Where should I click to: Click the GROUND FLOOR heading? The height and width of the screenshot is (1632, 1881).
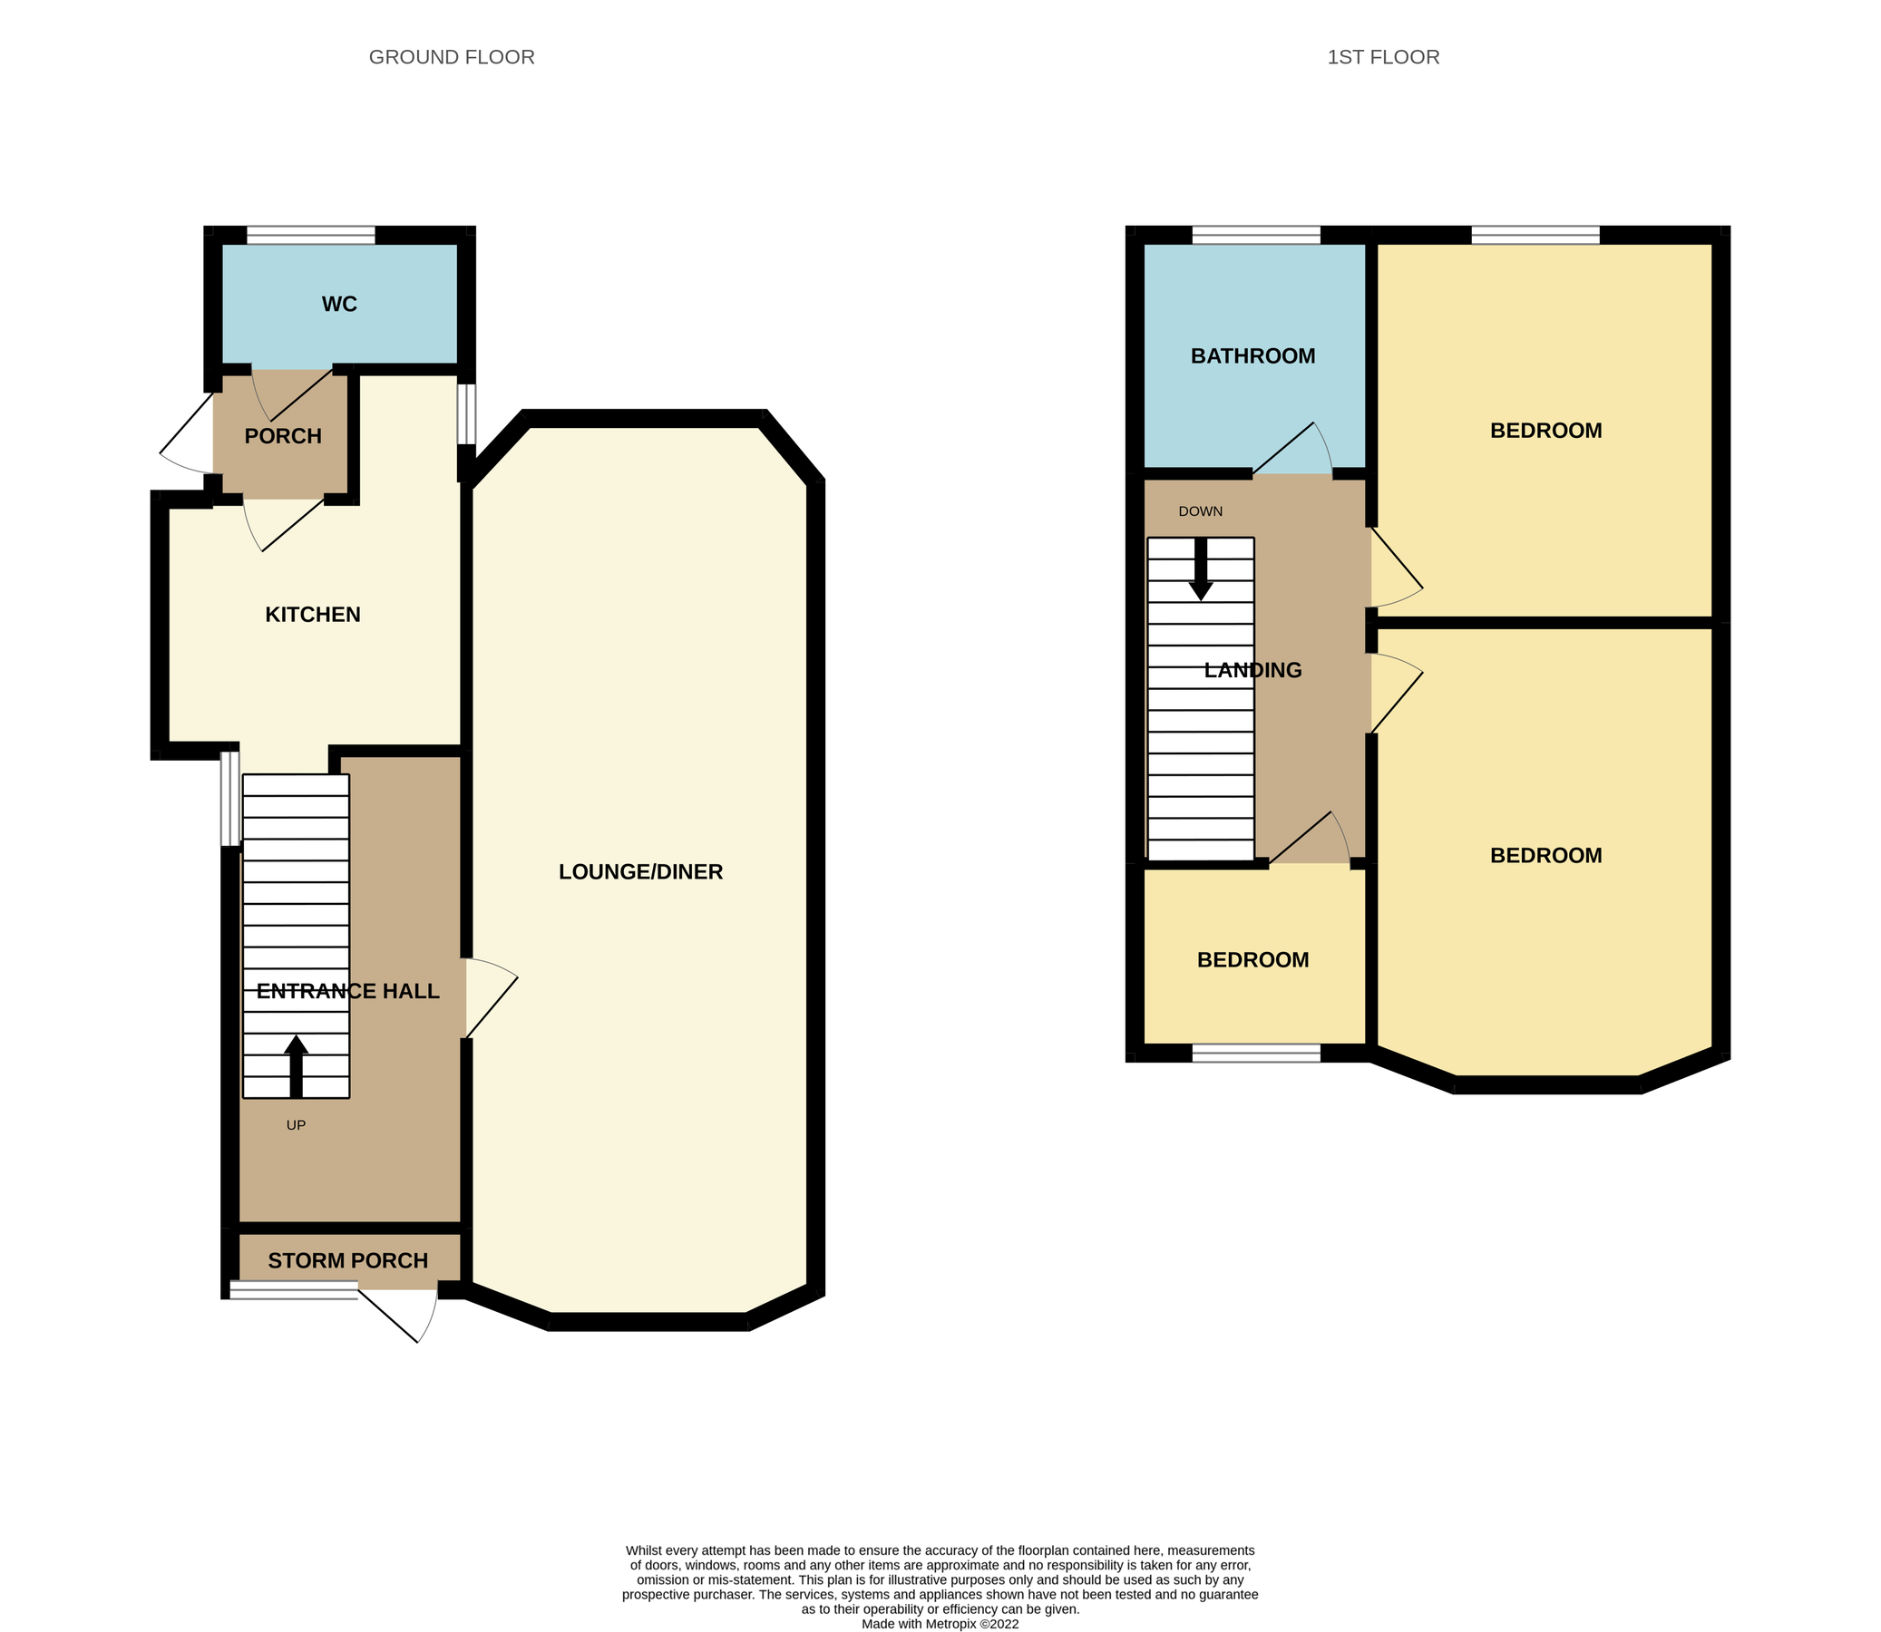(x=451, y=57)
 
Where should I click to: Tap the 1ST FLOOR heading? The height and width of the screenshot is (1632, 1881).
(x=1383, y=57)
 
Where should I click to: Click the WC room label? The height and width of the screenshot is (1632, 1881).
(x=339, y=304)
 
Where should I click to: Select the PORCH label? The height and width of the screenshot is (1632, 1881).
(x=282, y=436)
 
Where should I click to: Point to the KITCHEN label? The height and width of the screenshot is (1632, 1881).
(x=312, y=615)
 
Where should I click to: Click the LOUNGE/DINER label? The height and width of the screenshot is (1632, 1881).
(x=640, y=871)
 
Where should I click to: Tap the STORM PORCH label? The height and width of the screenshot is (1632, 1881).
(x=347, y=1260)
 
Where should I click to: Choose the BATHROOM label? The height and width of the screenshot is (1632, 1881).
(x=1252, y=356)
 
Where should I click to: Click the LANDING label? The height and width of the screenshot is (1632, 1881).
(x=1252, y=670)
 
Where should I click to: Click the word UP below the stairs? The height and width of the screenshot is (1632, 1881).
(x=296, y=1125)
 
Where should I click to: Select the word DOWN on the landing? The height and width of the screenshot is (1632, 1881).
(x=1200, y=512)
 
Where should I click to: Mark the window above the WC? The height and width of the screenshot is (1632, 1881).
(x=310, y=235)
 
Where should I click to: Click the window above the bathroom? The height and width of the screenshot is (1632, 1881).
(x=1255, y=235)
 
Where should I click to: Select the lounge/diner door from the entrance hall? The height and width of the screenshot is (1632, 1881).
(x=490, y=997)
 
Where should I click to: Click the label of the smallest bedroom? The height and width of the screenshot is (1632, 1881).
(x=1252, y=960)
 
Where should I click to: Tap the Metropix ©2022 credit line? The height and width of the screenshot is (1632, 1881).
(x=940, y=1623)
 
